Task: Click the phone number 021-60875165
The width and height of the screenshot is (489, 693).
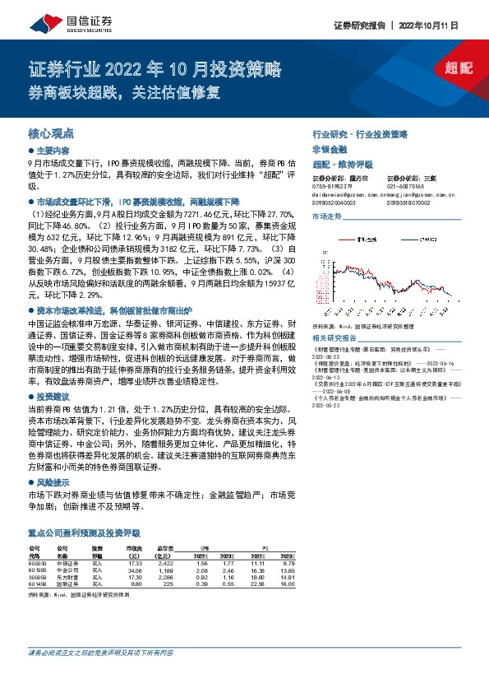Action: [x=406, y=186]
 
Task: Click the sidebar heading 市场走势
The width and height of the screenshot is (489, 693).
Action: [x=326, y=216]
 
